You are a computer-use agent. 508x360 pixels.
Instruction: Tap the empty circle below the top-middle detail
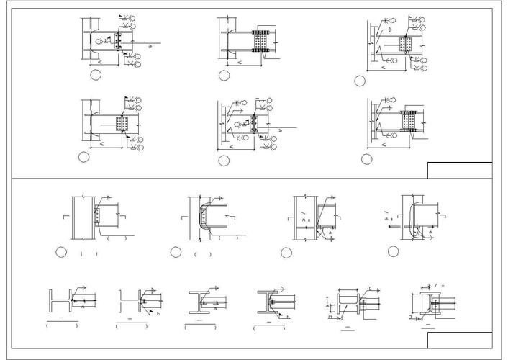pyautogui.click(x=224, y=75)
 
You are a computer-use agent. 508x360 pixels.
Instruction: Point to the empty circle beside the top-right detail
pyautogui.click(x=359, y=81)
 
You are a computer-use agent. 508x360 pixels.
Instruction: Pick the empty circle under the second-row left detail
pyautogui.click(x=84, y=156)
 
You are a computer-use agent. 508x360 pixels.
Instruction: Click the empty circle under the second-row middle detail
pyautogui.click(x=224, y=161)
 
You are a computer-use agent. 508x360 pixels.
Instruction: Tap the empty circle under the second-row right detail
pyautogui.click(x=366, y=159)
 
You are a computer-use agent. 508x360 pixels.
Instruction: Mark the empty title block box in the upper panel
pyautogui.click(x=460, y=170)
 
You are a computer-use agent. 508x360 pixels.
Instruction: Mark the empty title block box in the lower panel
pyautogui.click(x=460, y=340)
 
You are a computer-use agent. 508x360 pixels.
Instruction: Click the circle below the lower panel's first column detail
pyautogui.click(x=61, y=252)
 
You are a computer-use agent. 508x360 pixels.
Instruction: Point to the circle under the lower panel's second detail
pyautogui.click(x=176, y=252)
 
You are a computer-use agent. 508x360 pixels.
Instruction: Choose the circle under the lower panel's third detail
pyautogui.click(x=286, y=252)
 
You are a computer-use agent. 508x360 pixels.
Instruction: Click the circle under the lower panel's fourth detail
pyautogui.click(x=393, y=251)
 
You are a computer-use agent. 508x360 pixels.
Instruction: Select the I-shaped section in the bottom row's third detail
pyautogui.click(x=199, y=302)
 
